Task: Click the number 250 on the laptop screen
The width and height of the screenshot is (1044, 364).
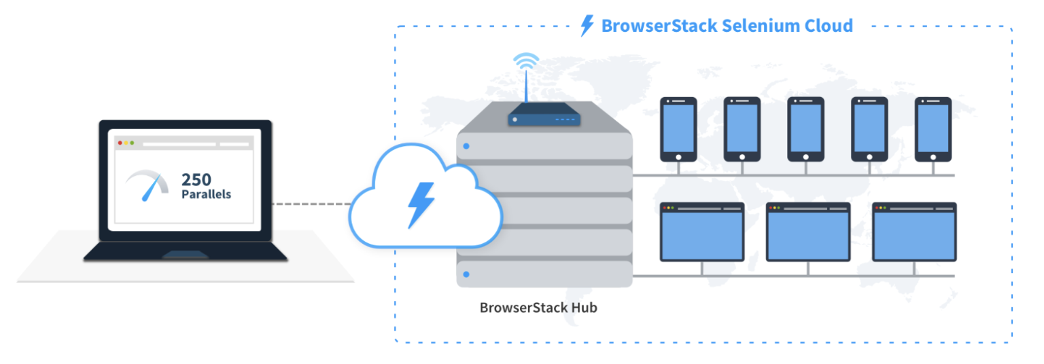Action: click(x=196, y=180)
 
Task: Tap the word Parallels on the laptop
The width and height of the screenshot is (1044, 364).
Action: click(x=206, y=194)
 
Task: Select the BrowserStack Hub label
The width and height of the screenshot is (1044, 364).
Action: click(x=538, y=308)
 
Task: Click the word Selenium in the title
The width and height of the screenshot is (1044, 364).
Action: click(x=754, y=26)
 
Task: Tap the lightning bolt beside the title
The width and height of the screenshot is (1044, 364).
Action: click(x=587, y=26)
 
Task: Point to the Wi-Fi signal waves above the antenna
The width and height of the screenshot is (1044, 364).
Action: click(x=526, y=62)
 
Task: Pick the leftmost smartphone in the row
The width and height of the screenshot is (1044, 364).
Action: click(x=678, y=129)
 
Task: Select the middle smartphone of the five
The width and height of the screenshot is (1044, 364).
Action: click(x=805, y=129)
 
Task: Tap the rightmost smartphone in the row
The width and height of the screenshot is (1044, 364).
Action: click(x=933, y=129)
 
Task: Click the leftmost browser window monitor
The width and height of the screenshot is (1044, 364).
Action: click(x=702, y=232)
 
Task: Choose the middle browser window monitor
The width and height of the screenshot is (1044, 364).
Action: click(x=808, y=232)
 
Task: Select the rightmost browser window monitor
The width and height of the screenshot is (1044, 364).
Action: click(x=914, y=232)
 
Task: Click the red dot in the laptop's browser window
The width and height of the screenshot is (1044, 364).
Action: click(x=120, y=143)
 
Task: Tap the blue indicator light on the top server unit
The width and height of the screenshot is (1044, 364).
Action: click(x=466, y=146)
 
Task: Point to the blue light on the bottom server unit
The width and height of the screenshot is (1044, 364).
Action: click(x=466, y=274)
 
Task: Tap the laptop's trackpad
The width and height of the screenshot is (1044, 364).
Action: click(x=185, y=255)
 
